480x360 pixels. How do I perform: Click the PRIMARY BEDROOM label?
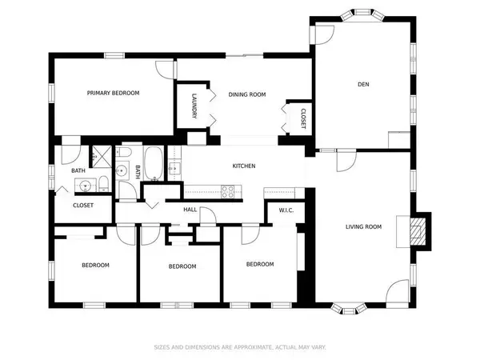[113, 93]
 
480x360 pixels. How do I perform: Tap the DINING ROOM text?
[246, 94]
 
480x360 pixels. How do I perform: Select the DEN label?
[362, 84]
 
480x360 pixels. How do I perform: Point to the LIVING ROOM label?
[363, 226]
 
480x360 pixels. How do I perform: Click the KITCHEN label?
[243, 166]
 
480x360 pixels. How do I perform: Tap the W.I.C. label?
[288, 211]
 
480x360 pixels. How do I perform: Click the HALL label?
[190, 210]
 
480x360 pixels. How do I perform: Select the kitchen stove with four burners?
[227, 191]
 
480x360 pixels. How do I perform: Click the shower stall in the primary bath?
[102, 155]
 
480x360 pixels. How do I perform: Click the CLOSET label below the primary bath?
[83, 206]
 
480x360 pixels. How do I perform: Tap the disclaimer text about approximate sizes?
[239, 347]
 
